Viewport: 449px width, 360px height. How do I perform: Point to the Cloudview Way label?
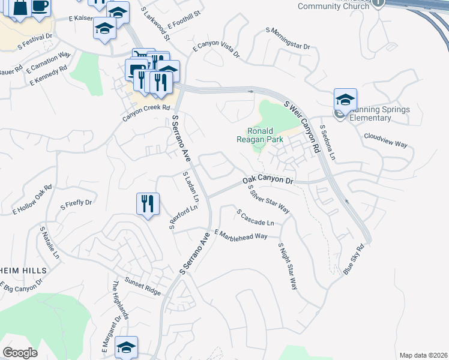pos(385,140)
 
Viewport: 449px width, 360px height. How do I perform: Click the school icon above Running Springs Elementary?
pos(346,100)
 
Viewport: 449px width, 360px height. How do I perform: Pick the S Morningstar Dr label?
pos(288,37)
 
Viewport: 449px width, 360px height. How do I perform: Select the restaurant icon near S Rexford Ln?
pos(148,204)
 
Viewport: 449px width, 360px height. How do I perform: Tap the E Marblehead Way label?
pos(240,235)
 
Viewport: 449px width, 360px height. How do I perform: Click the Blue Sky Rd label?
pos(354,259)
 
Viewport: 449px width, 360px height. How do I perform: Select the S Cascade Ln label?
pos(255,217)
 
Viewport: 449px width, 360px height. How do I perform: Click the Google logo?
pos(20,353)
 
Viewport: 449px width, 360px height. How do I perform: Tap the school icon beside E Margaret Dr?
pos(127,347)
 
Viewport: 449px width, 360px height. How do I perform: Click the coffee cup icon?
pos(40,7)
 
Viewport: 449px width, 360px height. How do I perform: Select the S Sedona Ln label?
pos(327,142)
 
